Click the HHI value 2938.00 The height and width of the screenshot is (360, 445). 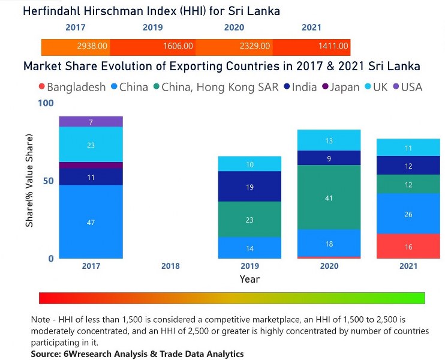tap(92, 46)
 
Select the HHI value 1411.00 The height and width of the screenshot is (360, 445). tap(333, 46)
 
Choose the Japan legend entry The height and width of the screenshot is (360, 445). tap(341, 87)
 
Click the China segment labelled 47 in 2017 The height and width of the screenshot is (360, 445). tap(91, 222)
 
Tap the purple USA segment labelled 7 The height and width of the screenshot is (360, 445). tap(91, 122)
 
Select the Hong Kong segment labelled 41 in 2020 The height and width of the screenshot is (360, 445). tap(329, 197)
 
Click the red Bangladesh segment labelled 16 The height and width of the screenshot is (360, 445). tap(408, 247)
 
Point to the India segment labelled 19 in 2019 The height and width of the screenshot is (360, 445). tap(249, 187)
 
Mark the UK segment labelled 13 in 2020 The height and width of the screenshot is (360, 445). tap(329, 140)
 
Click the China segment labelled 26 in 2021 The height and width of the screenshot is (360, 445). tap(408, 214)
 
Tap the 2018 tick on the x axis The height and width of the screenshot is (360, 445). tap(170, 266)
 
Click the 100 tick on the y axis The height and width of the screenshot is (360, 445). tap(46, 104)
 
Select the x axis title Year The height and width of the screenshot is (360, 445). tap(249, 279)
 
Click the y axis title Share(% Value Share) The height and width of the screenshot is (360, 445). tap(29, 181)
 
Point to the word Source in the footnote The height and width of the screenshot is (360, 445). tap(47, 354)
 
